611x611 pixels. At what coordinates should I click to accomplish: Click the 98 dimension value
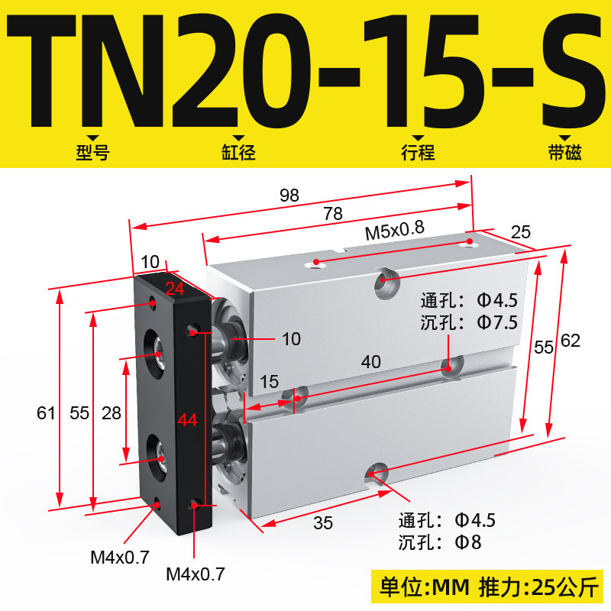(289, 196)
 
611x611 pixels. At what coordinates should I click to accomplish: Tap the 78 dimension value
(333, 214)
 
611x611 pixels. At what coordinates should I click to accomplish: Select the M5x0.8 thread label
(394, 231)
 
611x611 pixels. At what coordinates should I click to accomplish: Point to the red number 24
(175, 289)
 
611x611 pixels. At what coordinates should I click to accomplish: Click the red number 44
(187, 420)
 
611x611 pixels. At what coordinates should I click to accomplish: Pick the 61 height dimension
(46, 413)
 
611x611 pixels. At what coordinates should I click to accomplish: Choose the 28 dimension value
(112, 413)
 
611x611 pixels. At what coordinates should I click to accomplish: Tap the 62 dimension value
(571, 341)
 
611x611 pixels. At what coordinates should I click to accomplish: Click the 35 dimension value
(323, 523)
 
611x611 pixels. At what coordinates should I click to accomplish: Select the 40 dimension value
(370, 362)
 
